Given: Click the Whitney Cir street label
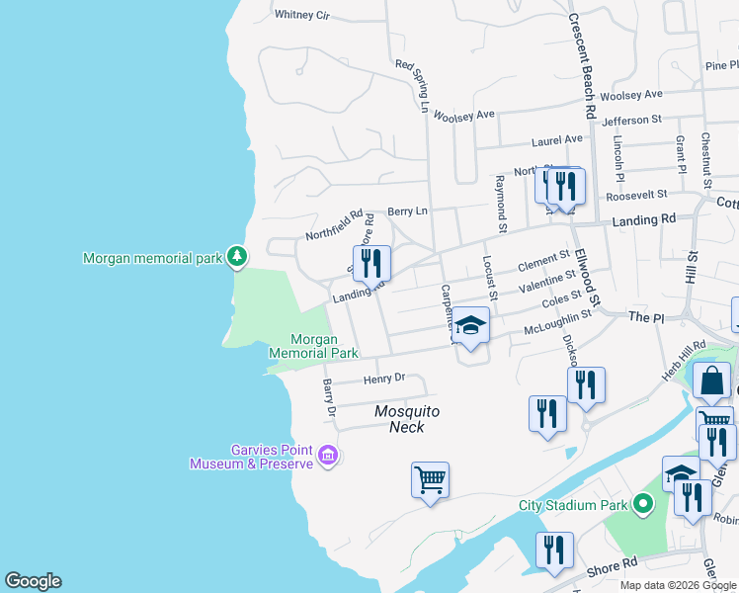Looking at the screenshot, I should pyautogui.click(x=301, y=15).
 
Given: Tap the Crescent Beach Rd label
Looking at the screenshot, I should pyautogui.click(x=579, y=66).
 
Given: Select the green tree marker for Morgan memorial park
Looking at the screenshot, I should pyautogui.click(x=236, y=257).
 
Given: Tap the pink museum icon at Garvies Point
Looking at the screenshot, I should pyautogui.click(x=329, y=456).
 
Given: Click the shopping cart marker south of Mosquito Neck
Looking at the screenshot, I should pyautogui.click(x=430, y=479).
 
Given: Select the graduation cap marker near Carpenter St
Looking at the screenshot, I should pyautogui.click(x=470, y=324).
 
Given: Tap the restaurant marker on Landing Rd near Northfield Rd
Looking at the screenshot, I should pyautogui.click(x=371, y=263).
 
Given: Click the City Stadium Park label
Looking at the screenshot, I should pyautogui.click(x=573, y=505).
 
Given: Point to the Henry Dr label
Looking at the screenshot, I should pyautogui.click(x=384, y=379).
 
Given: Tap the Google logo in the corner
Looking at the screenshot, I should pyautogui.click(x=33, y=581).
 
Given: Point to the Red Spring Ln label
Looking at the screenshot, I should pyautogui.click(x=414, y=86).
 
